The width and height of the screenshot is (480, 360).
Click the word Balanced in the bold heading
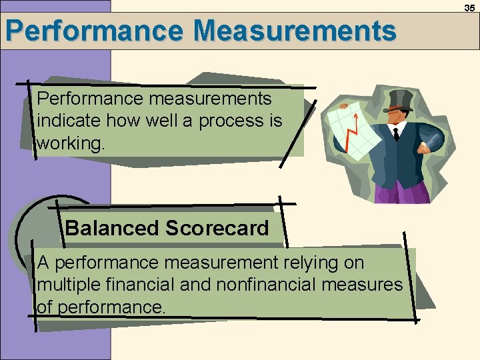pyautogui.click(x=112, y=229)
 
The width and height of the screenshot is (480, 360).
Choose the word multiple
pyautogui.click(x=67, y=285)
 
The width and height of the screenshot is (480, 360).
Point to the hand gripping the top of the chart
pyautogui.click(x=344, y=107)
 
